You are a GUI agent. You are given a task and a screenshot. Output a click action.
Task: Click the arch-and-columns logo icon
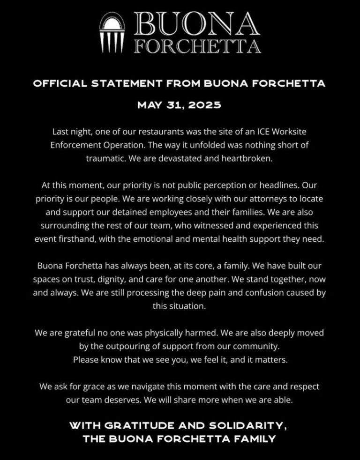click(113, 33)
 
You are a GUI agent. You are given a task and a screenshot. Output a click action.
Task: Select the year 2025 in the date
click(205, 105)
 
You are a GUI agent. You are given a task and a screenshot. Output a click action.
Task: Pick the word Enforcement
click(76, 145)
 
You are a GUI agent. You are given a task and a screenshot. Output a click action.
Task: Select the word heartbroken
click(250, 158)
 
